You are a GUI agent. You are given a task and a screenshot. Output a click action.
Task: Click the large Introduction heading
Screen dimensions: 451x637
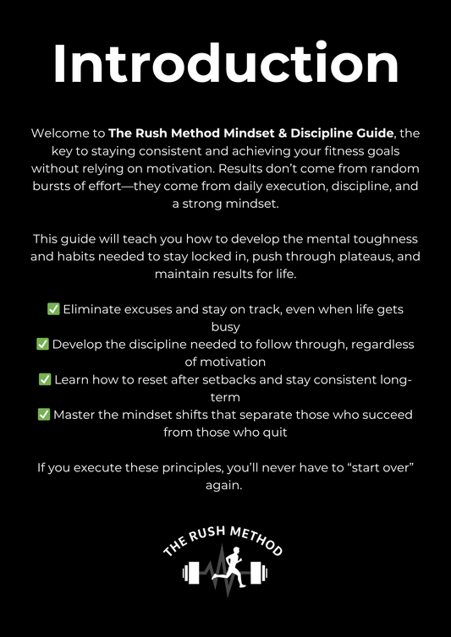[x=225, y=63]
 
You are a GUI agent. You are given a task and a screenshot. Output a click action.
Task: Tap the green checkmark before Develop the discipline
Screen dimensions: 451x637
[x=42, y=344]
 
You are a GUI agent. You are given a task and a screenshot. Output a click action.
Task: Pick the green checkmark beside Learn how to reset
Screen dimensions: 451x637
[x=45, y=379]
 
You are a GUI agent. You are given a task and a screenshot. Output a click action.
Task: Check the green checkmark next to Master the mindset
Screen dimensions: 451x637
[x=43, y=414]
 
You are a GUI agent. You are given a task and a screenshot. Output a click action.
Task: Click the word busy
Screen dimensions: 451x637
[x=225, y=327]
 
